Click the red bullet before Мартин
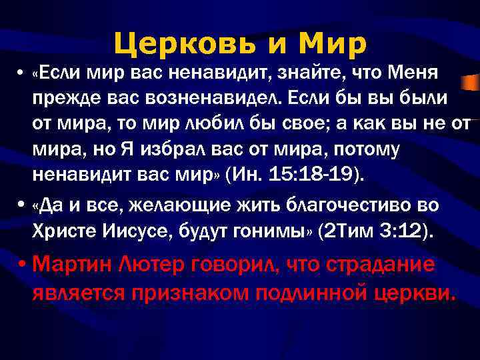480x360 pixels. point(23,265)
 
